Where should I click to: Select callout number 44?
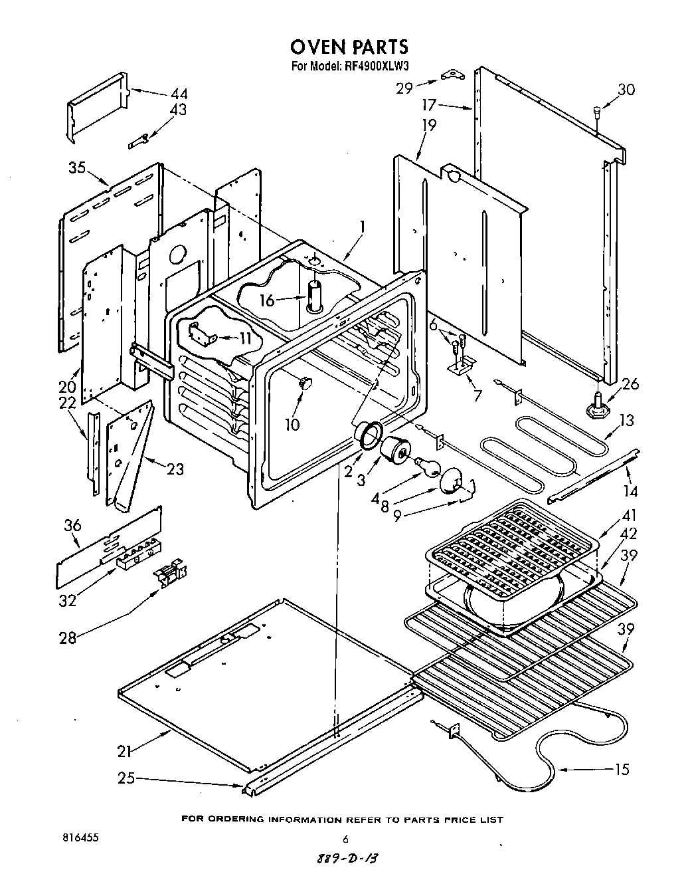pyautogui.click(x=179, y=94)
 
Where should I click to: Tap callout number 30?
pyautogui.click(x=626, y=90)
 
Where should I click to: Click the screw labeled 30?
pyautogui.click(x=596, y=113)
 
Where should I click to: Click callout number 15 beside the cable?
pyautogui.click(x=622, y=770)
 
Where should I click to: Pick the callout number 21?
pyautogui.click(x=124, y=752)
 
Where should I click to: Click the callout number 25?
pyautogui.click(x=126, y=777)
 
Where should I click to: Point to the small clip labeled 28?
pyautogui.click(x=170, y=573)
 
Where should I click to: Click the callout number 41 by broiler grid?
pyautogui.click(x=628, y=515)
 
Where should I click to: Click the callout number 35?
pyautogui.click(x=77, y=167)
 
